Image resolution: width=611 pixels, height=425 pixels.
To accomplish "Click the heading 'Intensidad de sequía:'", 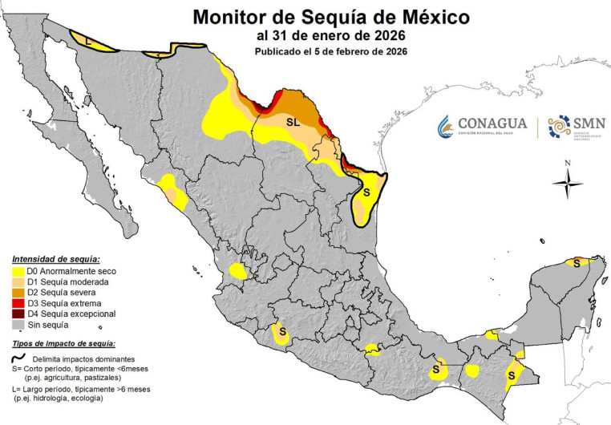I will pyautogui.click(x=56, y=260).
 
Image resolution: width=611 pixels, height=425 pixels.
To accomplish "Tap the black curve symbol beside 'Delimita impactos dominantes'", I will pyautogui.click(x=18, y=358).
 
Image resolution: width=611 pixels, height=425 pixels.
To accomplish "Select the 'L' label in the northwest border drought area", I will pyautogui.click(x=88, y=38).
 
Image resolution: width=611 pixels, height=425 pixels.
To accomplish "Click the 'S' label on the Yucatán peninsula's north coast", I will pyautogui.click(x=577, y=262).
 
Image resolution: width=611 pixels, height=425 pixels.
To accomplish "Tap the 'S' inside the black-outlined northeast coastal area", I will pyautogui.click(x=366, y=193).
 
